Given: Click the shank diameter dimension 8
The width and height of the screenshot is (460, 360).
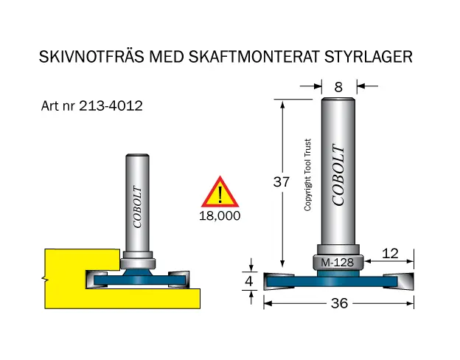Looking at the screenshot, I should tap(339, 86).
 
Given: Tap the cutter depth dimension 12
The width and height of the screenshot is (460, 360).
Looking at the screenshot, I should tap(390, 254).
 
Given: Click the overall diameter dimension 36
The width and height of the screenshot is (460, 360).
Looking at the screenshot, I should tap(340, 303).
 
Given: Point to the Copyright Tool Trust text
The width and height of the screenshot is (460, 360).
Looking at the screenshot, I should tap(308, 176).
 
